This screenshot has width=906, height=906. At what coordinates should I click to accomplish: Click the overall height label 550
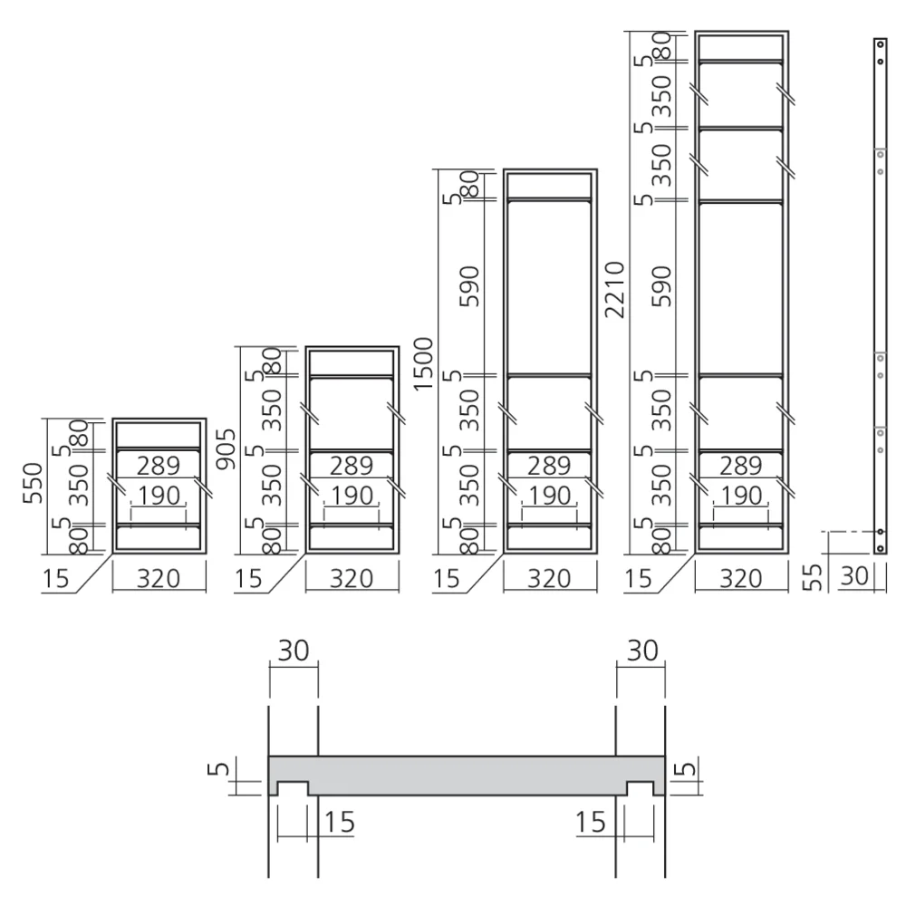[x=33, y=483]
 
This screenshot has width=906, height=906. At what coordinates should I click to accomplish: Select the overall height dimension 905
[x=226, y=448]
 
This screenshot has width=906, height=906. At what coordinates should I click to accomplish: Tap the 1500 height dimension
[x=423, y=364]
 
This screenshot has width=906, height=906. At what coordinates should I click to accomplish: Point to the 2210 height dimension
[x=615, y=289]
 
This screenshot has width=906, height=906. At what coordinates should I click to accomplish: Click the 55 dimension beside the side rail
[x=813, y=577]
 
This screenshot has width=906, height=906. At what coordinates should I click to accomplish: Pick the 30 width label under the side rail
[x=854, y=575]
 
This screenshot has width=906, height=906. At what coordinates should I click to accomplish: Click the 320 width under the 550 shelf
[x=159, y=578]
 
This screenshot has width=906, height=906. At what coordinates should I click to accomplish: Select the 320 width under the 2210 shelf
[x=741, y=578]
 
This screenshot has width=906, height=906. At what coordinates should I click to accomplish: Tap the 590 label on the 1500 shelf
[x=469, y=286]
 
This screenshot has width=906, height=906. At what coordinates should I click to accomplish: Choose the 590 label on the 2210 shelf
[x=662, y=286]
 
